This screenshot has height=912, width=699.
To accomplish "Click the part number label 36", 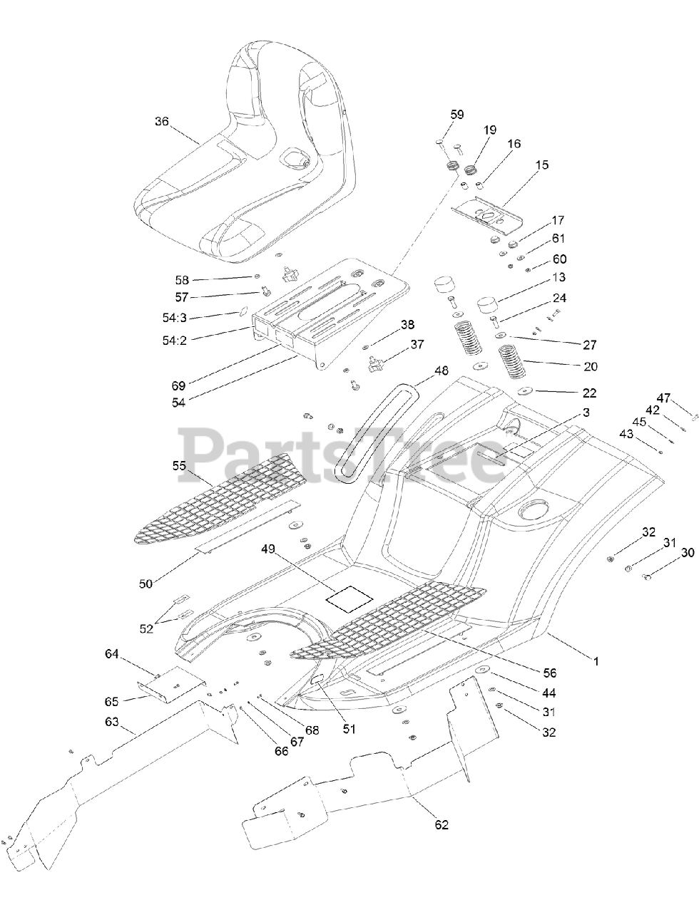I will coord(162,121).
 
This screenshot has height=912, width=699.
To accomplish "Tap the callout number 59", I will coord(457,114).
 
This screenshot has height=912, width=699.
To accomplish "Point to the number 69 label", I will coord(178,385).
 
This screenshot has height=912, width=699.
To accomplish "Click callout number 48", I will coord(442,370).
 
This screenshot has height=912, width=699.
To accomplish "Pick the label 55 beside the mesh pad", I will coord(178,465).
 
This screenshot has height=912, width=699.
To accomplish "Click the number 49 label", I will coord(268,549).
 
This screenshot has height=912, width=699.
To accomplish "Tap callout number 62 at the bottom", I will coord(442,824).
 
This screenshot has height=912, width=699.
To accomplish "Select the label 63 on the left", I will coord(111,722).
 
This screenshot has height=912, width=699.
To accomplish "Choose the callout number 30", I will coord(687,552).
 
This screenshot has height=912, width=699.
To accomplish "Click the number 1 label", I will coord(596,662).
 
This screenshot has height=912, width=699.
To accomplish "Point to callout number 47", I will coord(664,398).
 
